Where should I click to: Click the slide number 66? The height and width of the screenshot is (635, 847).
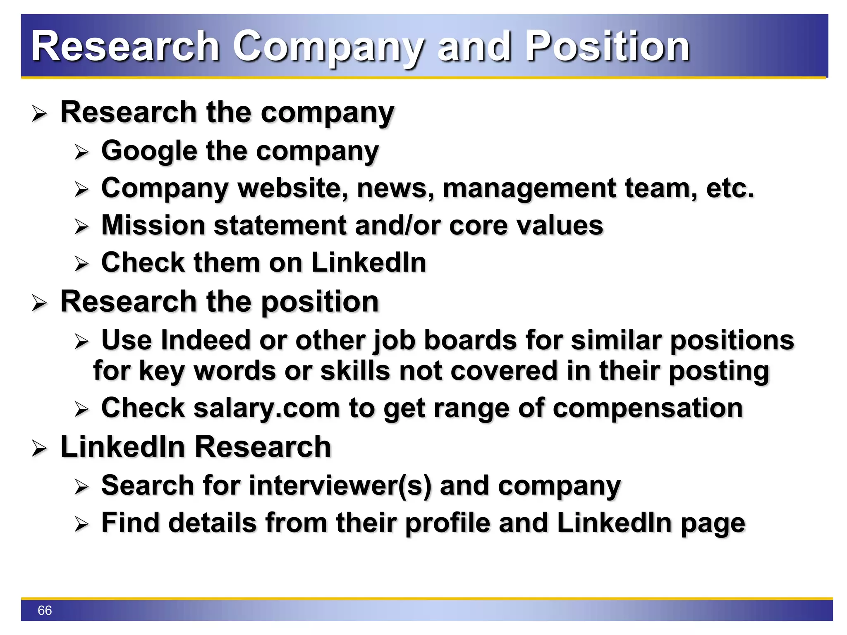(x=45, y=610)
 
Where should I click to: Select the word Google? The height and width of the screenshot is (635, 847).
(x=149, y=151)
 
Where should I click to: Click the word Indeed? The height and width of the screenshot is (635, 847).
(x=205, y=340)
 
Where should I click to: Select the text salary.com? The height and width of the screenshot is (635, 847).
(x=266, y=408)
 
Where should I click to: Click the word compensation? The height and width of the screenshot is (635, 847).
(x=648, y=408)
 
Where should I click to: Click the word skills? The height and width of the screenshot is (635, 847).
(x=355, y=370)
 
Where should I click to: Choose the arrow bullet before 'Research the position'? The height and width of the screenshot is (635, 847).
(x=39, y=303)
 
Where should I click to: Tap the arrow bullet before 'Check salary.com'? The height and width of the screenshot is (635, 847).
(x=81, y=409)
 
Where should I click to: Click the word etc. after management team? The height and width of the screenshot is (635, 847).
(x=730, y=188)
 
